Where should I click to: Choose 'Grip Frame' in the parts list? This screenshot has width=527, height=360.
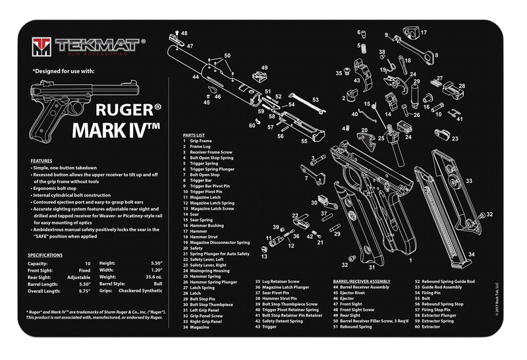[202, 141]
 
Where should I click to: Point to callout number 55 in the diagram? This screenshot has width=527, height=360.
[304, 141]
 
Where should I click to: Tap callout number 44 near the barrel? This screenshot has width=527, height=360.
[196, 77]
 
